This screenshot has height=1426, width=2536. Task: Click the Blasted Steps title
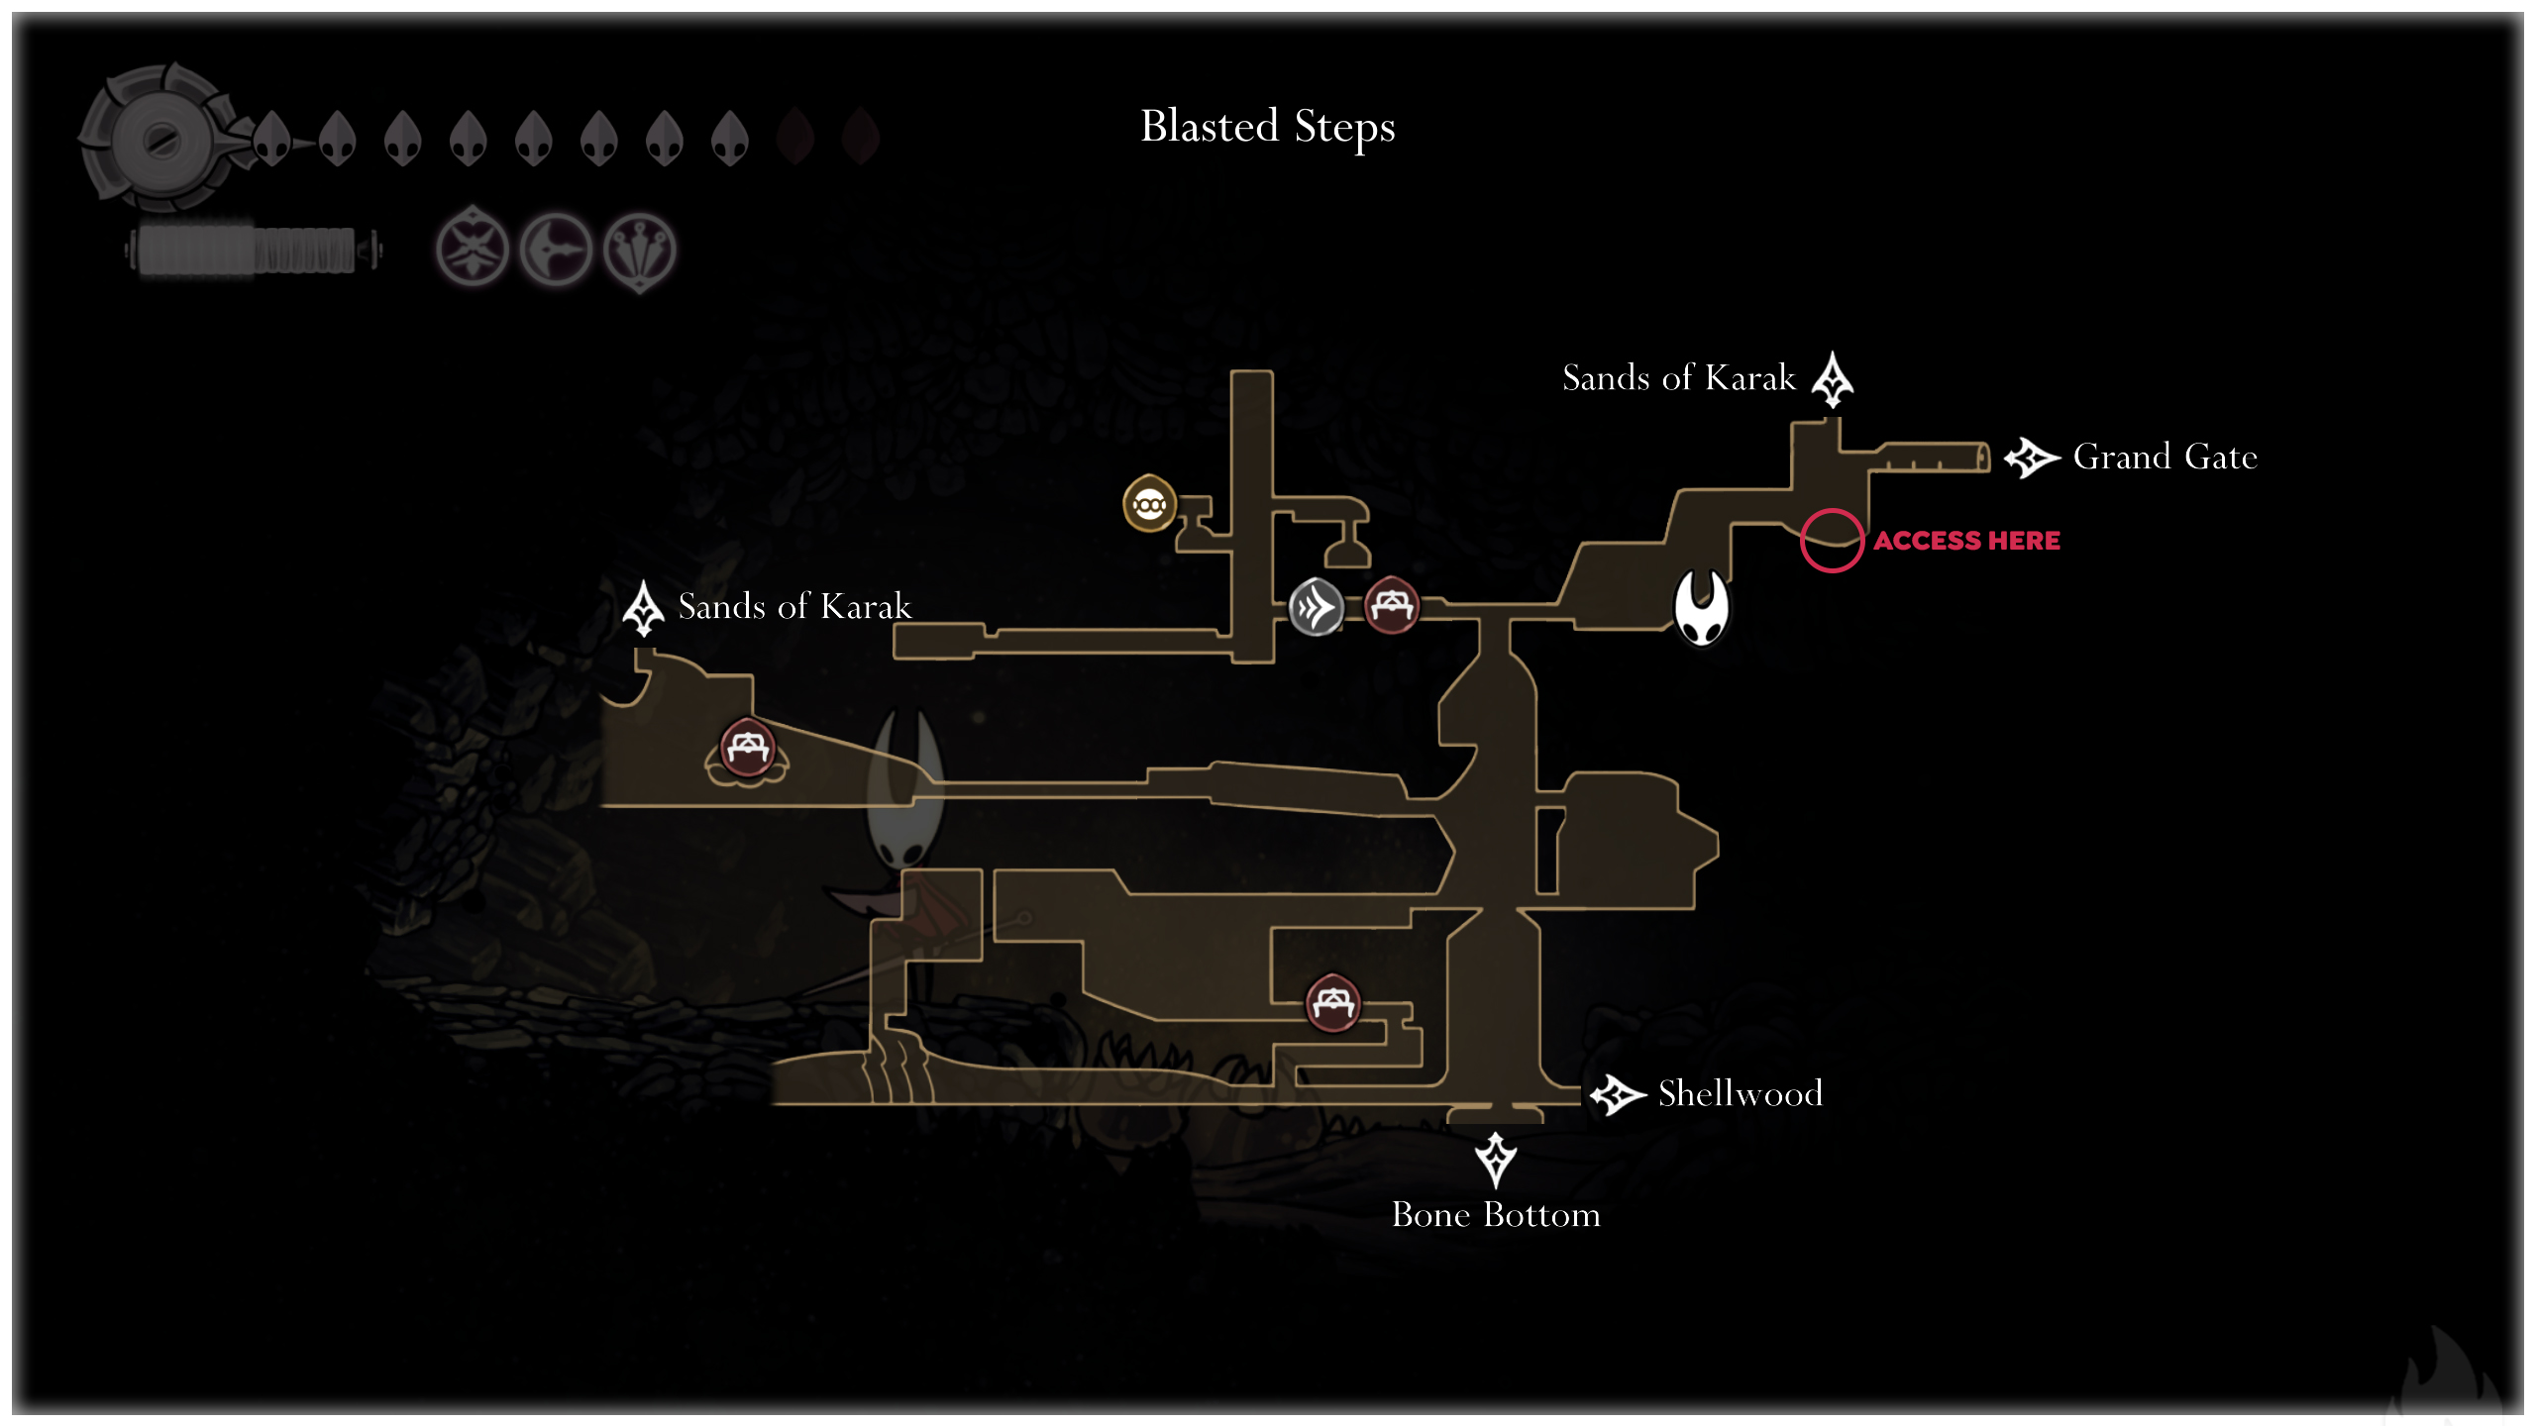point(1267,127)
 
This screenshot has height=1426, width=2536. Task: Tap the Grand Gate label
point(2165,457)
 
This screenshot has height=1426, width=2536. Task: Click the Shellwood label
point(1740,1093)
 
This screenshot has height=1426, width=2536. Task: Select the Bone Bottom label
point(1495,1214)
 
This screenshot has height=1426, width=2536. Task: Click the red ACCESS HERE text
point(1966,541)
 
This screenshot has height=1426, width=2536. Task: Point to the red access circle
point(1832,541)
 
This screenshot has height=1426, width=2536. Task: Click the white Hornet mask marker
point(1701,607)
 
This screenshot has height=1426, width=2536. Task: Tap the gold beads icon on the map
point(1149,504)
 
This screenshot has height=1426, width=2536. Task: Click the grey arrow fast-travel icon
point(1316,606)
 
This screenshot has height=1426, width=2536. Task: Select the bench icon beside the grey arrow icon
point(1392,604)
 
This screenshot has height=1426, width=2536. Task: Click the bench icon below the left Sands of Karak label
point(747,750)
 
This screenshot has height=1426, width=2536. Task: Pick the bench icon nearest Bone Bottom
point(1332,1003)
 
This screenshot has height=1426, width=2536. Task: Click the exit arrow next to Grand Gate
point(2031,458)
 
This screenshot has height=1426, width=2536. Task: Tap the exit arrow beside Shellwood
point(1617,1094)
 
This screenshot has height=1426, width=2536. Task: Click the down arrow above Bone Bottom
point(1495,1159)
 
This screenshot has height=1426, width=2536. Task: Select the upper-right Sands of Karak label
point(1678,377)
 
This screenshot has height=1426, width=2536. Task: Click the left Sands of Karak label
point(793,606)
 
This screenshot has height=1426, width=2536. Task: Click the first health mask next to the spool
point(271,138)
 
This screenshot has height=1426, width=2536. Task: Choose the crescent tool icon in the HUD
point(556,250)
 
